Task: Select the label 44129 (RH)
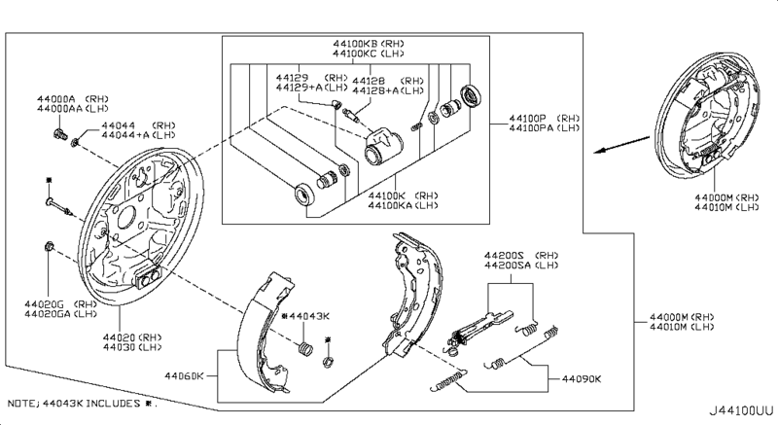pos(297,78)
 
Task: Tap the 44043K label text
pos(309,318)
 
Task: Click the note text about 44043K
pos(78,403)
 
